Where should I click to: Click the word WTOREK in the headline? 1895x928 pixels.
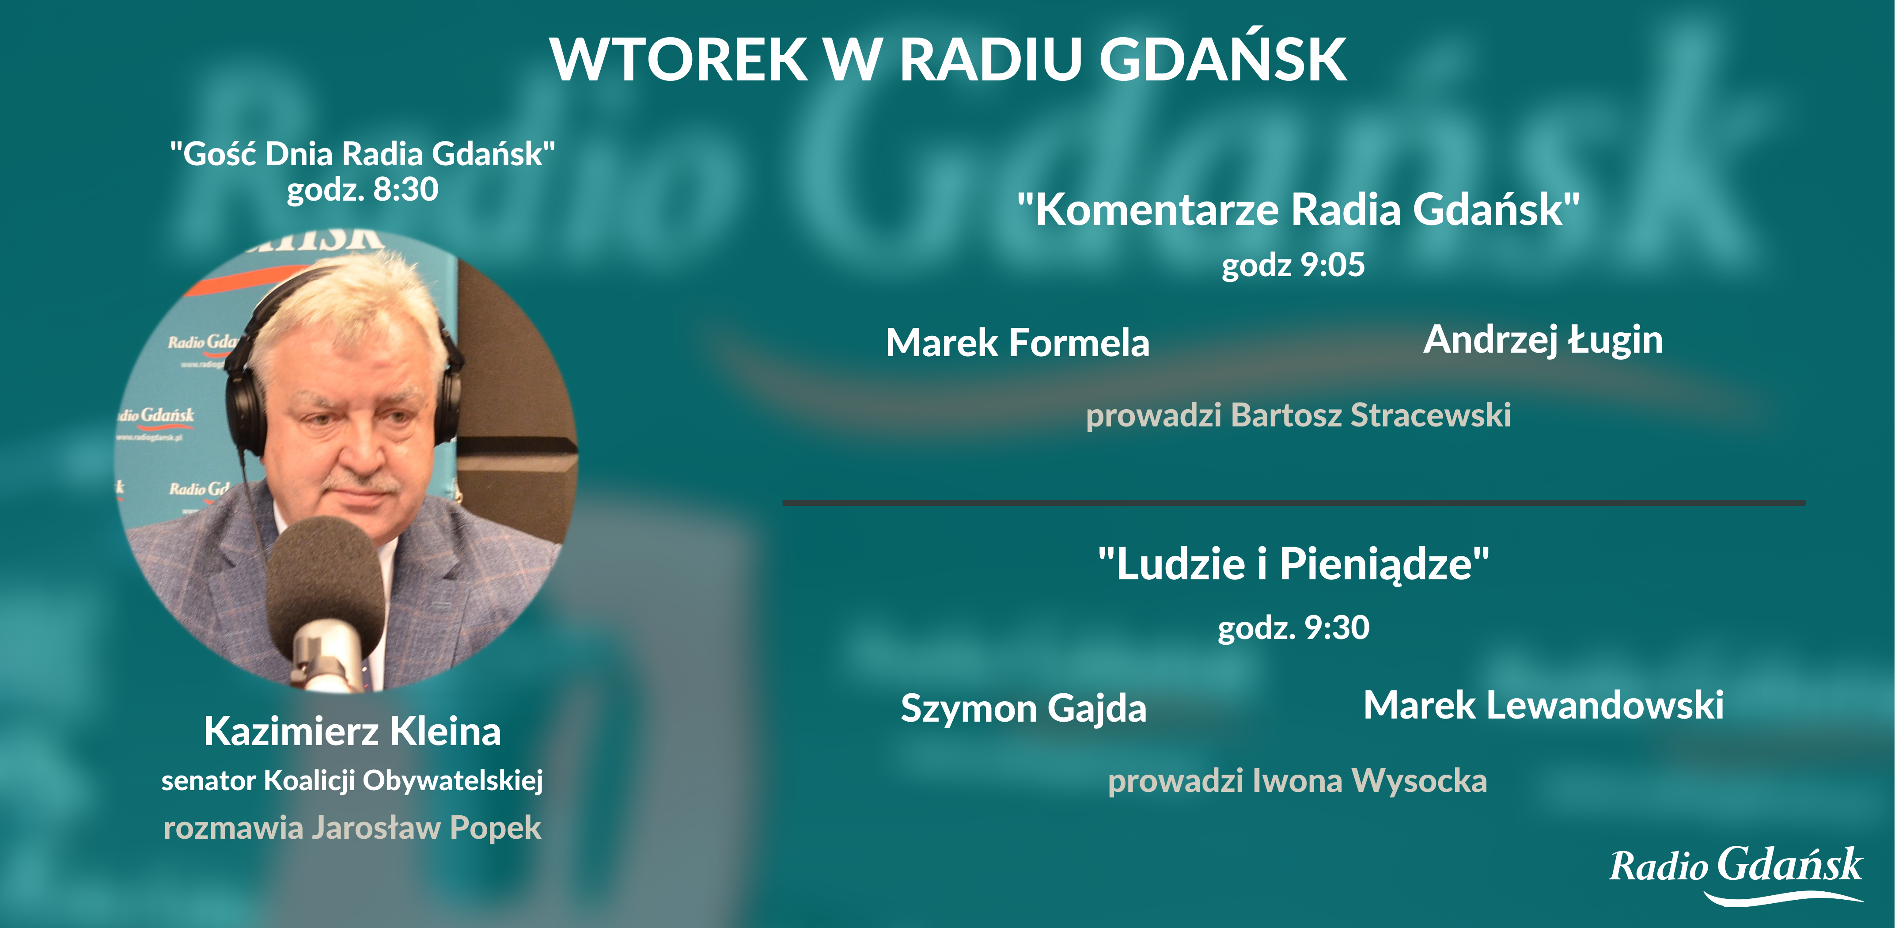(x=678, y=59)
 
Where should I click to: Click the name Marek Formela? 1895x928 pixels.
(x=1017, y=343)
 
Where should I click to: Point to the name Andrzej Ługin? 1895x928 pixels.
(x=1543, y=340)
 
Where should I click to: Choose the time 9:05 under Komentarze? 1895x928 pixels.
(x=1333, y=265)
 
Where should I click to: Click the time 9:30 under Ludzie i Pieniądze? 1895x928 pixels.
(x=1336, y=628)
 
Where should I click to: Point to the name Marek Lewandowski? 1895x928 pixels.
(x=1543, y=705)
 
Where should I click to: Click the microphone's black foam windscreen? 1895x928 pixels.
(x=324, y=582)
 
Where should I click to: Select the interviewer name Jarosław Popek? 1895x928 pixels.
(x=427, y=828)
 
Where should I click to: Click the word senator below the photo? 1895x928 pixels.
(x=208, y=781)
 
